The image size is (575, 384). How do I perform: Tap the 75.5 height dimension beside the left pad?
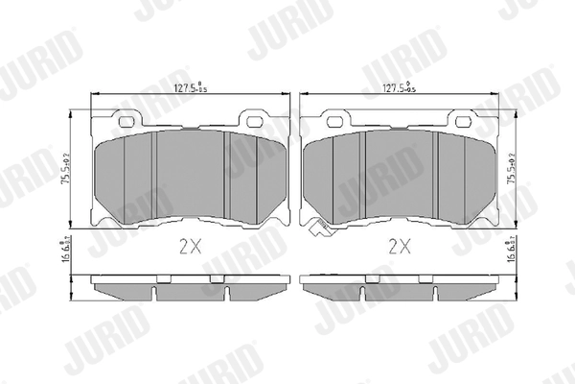click(x=66, y=171)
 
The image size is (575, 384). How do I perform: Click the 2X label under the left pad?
click(x=191, y=246)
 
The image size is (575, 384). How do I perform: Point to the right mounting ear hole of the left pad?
click(x=254, y=121)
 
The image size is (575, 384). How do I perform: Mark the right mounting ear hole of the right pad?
click(x=465, y=121)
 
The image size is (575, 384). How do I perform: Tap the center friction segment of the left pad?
click(x=190, y=173)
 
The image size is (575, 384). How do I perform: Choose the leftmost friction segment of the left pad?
click(x=126, y=175)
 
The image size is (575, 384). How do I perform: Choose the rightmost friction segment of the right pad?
click(x=465, y=175)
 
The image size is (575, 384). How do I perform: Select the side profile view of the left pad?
click(x=190, y=287)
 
